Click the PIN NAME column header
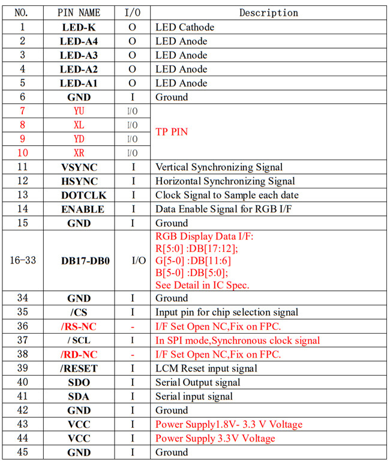point(79,13)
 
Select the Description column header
point(268,13)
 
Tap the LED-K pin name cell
point(79,27)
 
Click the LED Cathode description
point(185,27)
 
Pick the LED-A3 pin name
point(79,55)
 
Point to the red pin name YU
point(79,111)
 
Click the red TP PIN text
point(172,131)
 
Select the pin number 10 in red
point(23,153)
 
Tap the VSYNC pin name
point(79,167)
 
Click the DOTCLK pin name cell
point(79,195)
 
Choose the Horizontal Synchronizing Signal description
point(225,181)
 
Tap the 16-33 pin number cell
point(23,261)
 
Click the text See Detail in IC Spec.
point(202,284)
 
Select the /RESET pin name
point(79,368)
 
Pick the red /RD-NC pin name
point(79,354)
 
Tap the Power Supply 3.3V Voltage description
point(215,438)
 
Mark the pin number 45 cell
point(23,452)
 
